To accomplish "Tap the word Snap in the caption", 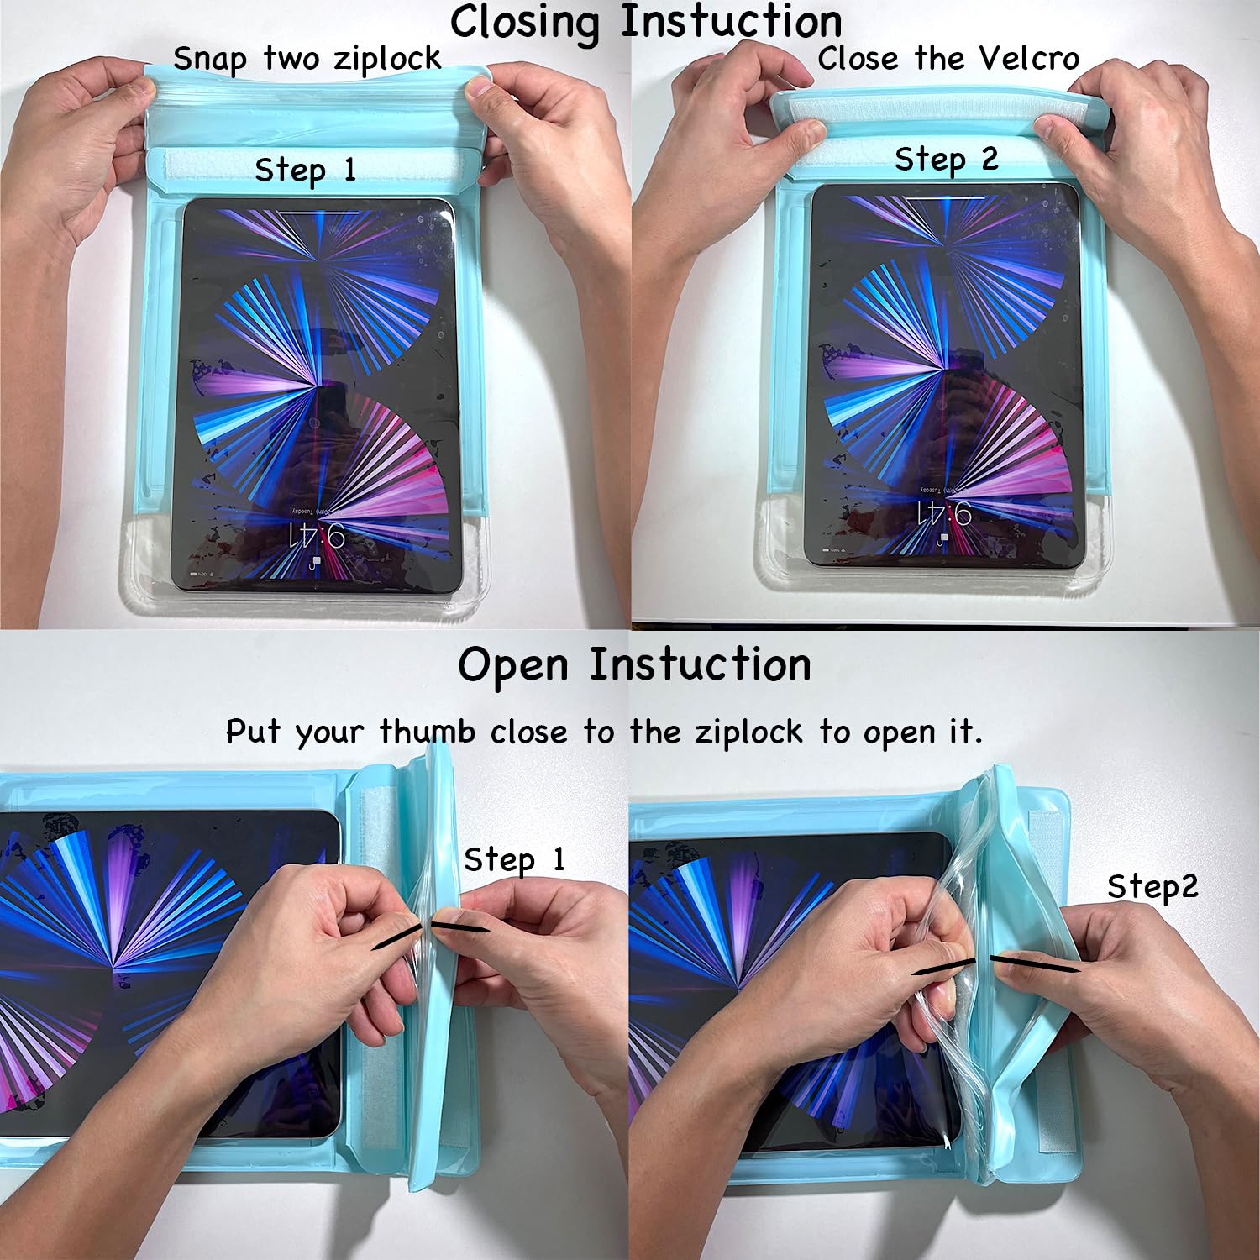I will pos(210,60).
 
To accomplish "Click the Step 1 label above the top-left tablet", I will pos(305,170).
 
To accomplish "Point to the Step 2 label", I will pos(946,159).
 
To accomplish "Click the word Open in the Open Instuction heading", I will pos(512,665).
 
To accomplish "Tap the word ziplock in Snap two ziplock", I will pos(387,59).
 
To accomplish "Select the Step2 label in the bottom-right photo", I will pos(1152,886).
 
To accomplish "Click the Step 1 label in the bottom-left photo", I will pos(514,859).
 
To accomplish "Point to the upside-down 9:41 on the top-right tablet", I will pos(944,513).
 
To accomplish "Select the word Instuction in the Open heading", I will pos(700,665).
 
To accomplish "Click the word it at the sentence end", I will pos(964,732).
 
